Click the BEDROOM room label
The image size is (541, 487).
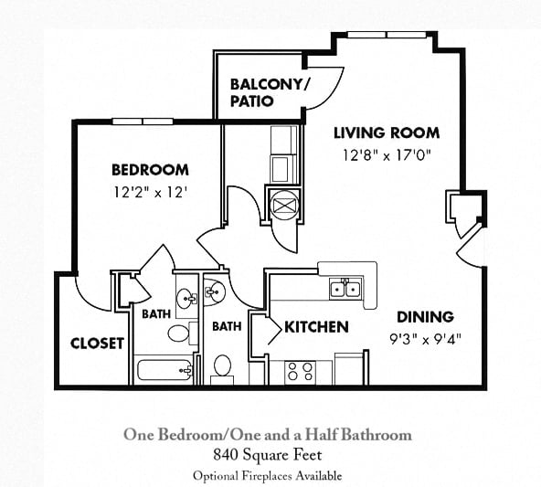click(150, 170)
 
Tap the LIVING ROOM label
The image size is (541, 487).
click(387, 133)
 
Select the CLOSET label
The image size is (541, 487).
click(97, 344)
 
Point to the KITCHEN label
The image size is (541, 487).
click(316, 327)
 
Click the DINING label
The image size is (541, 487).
click(425, 317)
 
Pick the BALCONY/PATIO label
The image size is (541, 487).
click(270, 93)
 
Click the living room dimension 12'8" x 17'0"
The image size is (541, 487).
click(387, 155)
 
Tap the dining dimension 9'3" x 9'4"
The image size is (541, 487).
click(426, 339)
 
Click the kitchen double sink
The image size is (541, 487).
click(345, 289)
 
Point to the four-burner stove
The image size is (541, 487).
click(300, 373)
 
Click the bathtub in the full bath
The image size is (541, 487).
click(164, 370)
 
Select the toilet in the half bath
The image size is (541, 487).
click(222, 370)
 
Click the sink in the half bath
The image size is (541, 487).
click(215, 292)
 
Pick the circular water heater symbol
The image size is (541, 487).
click(284, 206)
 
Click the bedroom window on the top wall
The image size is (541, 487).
click(143, 122)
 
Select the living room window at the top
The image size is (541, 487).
click(387, 35)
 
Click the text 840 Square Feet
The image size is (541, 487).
click(268, 455)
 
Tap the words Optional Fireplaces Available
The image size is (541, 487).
click(268, 476)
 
